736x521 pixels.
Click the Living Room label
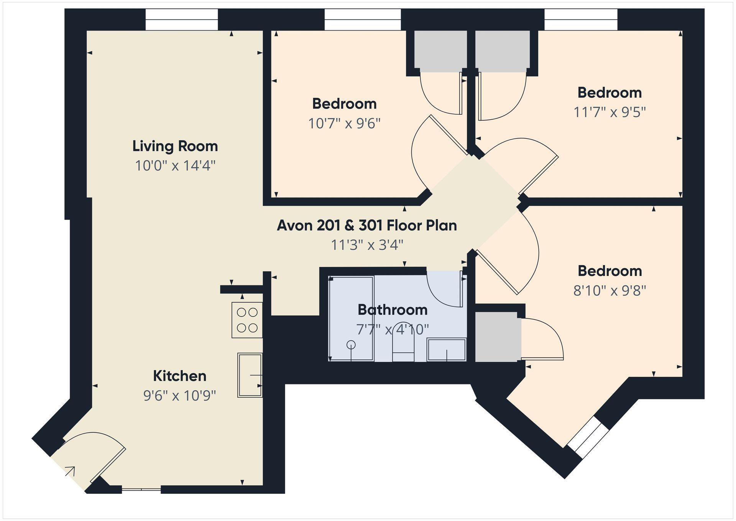[175, 146]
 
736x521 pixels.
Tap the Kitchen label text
[179, 376]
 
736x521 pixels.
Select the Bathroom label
[393, 310]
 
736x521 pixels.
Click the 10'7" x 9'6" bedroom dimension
[344, 124]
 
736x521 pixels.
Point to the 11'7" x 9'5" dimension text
[609, 112]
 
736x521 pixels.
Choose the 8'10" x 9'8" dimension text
[609, 291]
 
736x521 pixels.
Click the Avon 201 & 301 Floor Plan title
[367, 225]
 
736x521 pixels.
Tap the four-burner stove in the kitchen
[247, 320]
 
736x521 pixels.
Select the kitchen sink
[250, 375]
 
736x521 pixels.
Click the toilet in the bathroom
[403, 342]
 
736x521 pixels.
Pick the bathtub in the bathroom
[351, 318]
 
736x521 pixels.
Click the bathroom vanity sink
[447, 349]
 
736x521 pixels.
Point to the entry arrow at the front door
[70, 471]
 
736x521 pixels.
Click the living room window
[182, 20]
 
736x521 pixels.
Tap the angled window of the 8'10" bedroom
[588, 437]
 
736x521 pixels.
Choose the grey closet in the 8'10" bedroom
[498, 336]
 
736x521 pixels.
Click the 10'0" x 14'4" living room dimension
[175, 166]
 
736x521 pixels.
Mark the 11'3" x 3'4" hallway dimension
[367, 245]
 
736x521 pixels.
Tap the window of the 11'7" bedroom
[581, 20]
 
